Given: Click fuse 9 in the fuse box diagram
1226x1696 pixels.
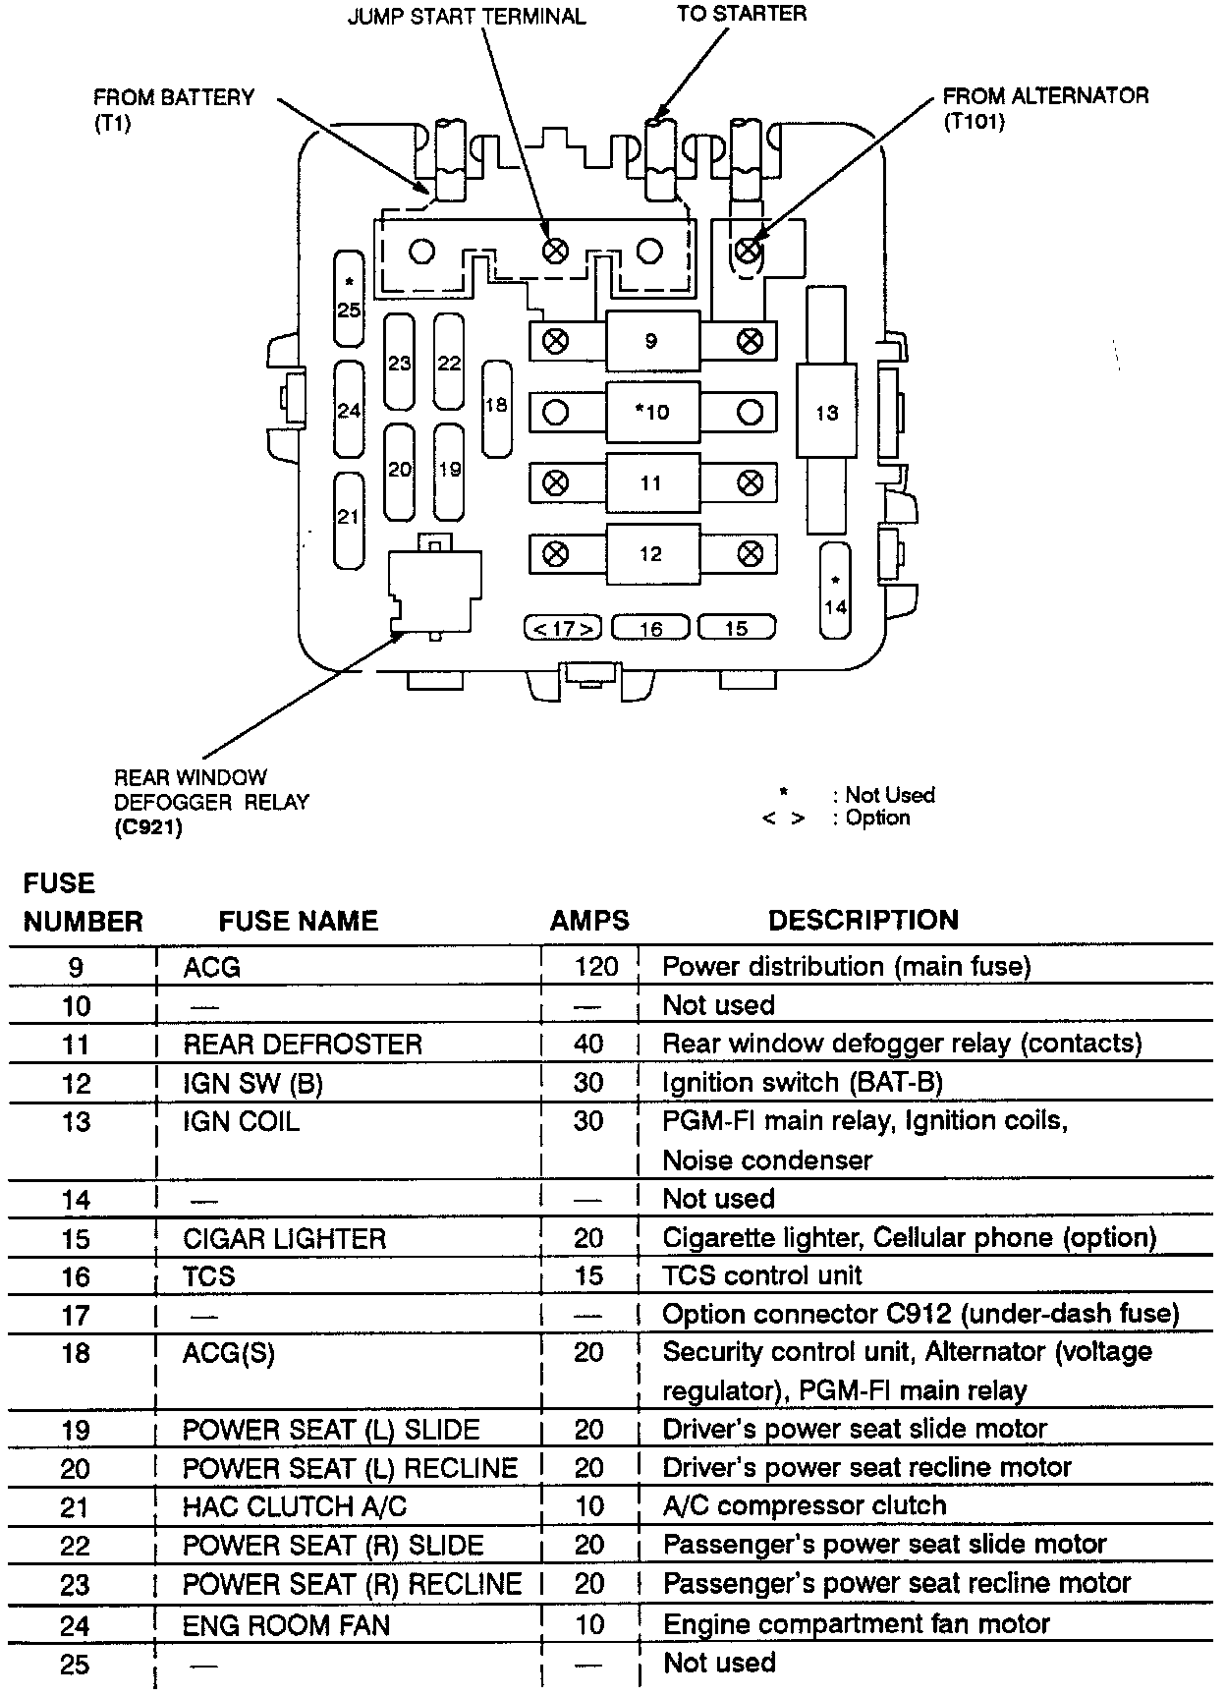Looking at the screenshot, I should click(x=651, y=341).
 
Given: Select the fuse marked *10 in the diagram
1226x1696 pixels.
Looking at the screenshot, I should click(x=651, y=412).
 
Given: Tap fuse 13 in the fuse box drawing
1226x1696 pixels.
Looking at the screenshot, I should click(x=826, y=413).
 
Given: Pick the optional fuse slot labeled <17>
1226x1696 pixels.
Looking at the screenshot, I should click(x=563, y=628).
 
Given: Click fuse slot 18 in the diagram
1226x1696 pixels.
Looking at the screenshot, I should click(x=496, y=407).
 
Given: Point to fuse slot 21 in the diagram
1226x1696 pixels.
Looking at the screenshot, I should click(x=349, y=519).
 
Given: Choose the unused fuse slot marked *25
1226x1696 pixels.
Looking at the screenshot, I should click(x=349, y=299).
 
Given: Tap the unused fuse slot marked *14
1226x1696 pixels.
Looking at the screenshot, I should click(x=835, y=591).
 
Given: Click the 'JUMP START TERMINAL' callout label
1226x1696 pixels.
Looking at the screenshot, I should click(x=466, y=18).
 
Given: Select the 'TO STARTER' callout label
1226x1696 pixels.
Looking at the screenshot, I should click(x=742, y=14).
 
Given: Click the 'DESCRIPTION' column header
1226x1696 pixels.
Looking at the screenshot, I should click(x=863, y=920).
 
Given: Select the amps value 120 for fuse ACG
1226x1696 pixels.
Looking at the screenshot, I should click(x=595, y=967).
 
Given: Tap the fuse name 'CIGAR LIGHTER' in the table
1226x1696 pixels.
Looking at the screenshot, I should click(x=284, y=1238).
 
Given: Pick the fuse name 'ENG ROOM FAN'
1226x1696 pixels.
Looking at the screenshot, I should click(x=286, y=1625).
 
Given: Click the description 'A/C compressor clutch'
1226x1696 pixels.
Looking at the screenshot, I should click(x=805, y=1505).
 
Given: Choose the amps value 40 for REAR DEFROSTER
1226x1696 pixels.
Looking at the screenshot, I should click(x=588, y=1044).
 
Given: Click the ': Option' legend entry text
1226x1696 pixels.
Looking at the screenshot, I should click(x=871, y=819).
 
